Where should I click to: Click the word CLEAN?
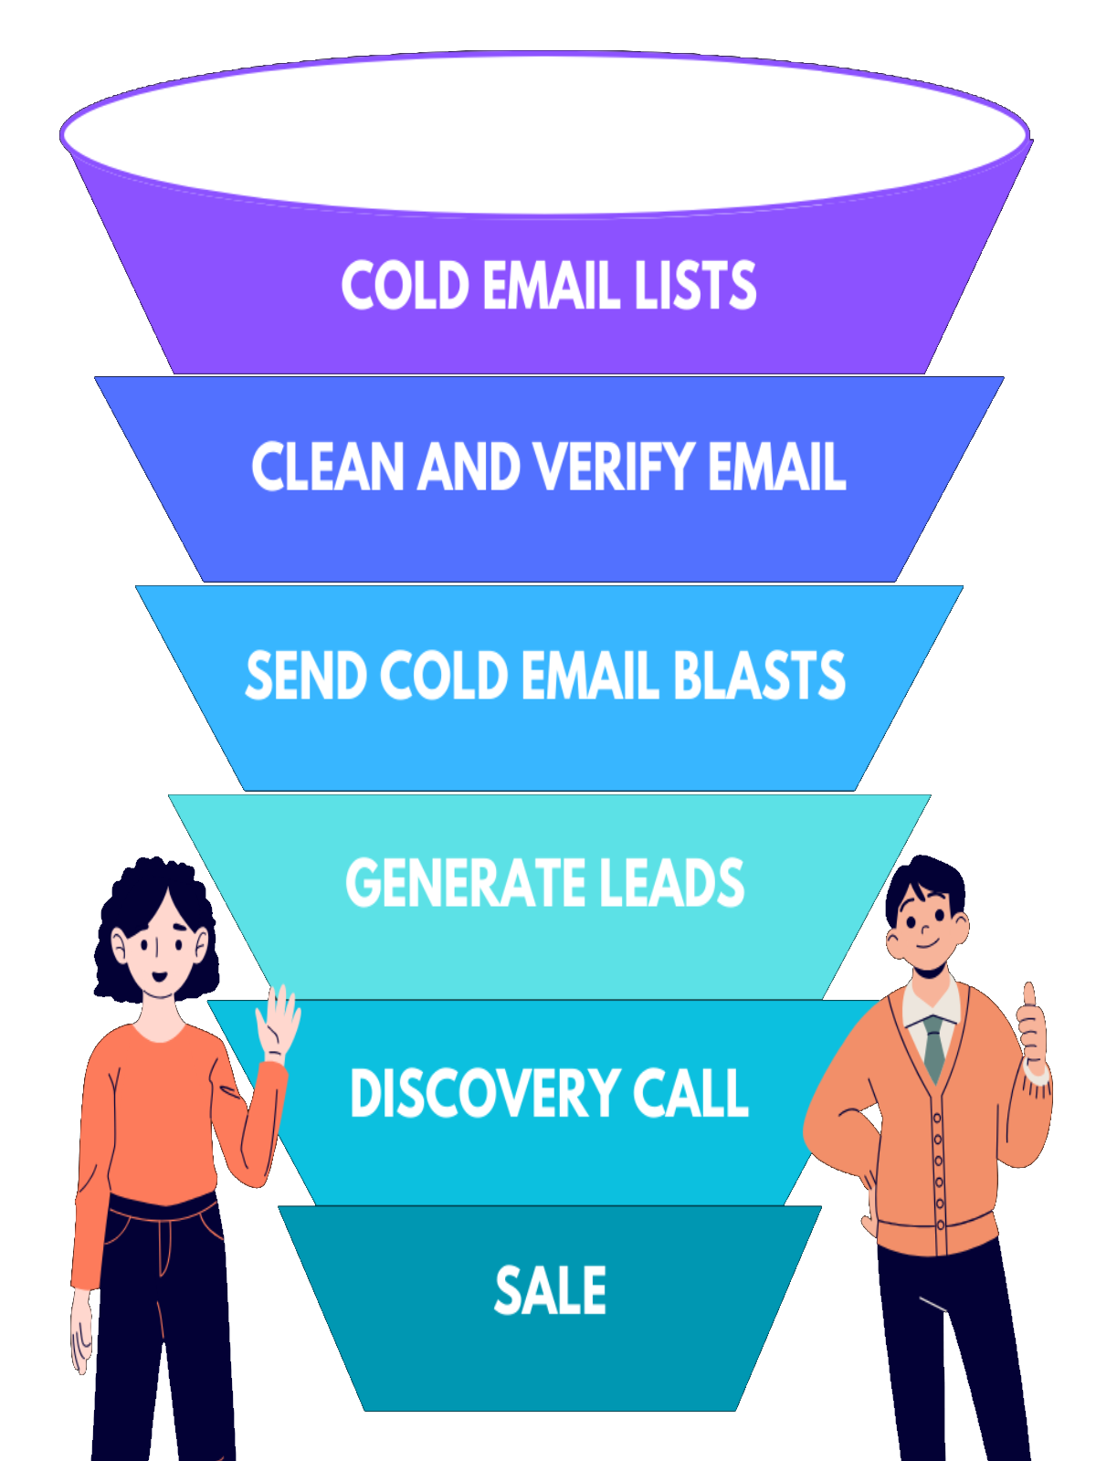click(x=327, y=468)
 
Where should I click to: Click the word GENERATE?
click(x=453, y=884)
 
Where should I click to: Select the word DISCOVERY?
click(x=484, y=1093)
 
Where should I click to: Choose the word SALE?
click(x=550, y=1291)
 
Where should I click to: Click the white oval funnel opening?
click(x=545, y=132)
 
